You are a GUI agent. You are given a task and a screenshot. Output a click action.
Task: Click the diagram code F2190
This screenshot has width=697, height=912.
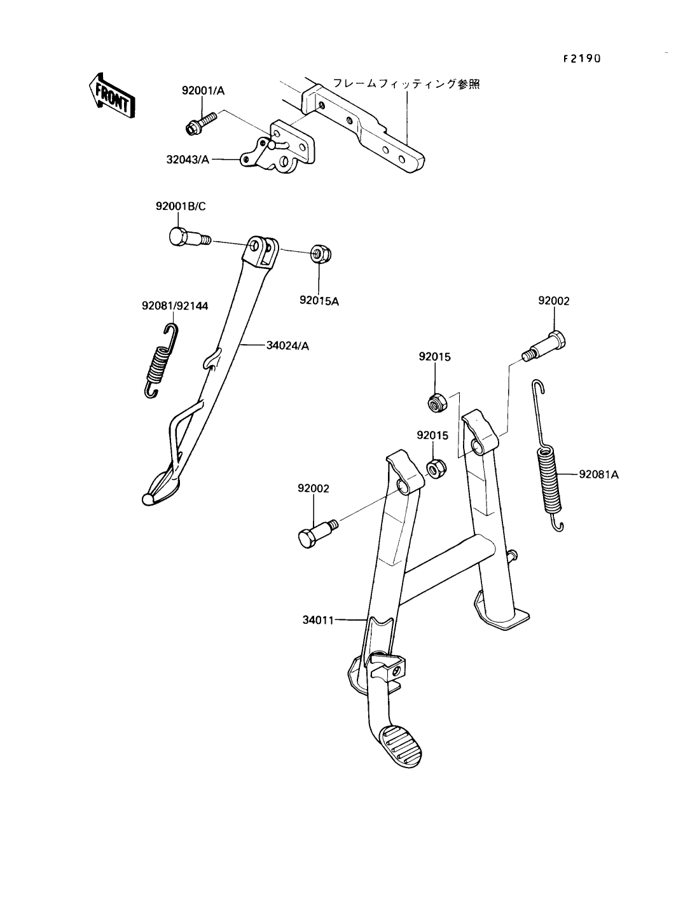pyautogui.click(x=582, y=59)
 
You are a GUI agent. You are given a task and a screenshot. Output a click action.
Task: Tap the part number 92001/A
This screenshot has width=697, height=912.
pyautogui.click(x=203, y=92)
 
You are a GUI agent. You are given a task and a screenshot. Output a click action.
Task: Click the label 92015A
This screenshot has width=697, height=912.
pyautogui.click(x=319, y=301)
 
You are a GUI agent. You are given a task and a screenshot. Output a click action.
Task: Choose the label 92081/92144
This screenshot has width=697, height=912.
pyautogui.click(x=174, y=307)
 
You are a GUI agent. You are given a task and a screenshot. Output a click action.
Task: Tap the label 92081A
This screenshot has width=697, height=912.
pyautogui.click(x=598, y=474)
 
